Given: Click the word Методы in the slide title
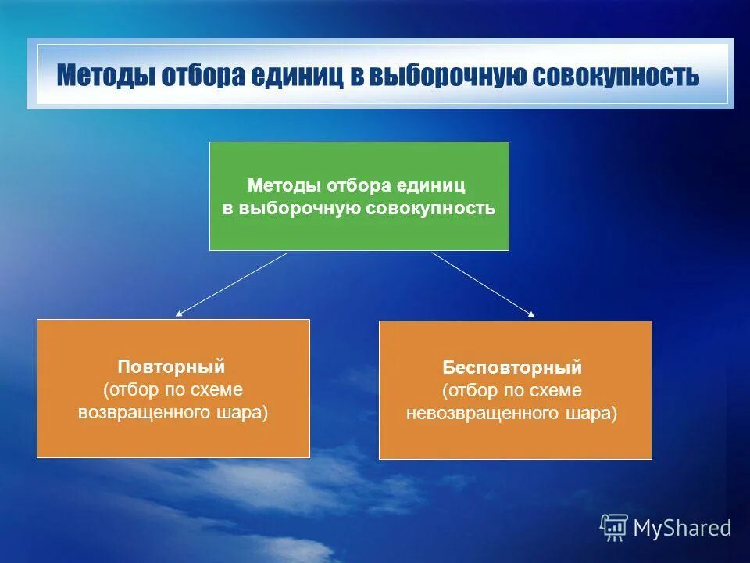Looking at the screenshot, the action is (x=105, y=76).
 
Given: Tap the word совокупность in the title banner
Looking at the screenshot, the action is (x=616, y=76).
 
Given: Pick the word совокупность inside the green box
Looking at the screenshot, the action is (x=430, y=208).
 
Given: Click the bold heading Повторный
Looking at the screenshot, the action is (x=171, y=367).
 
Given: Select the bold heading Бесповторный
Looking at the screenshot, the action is (x=512, y=368).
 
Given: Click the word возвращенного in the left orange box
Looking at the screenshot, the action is (x=145, y=412).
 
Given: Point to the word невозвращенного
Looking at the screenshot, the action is (x=483, y=413).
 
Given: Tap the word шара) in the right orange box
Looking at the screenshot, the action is (x=591, y=413).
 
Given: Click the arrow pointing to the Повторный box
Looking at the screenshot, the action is (x=231, y=285).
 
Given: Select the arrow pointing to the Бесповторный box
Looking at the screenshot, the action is (x=483, y=285).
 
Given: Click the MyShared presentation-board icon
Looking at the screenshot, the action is (x=614, y=528).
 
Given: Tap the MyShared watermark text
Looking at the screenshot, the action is (x=682, y=528).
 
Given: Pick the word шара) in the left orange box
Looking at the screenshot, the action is (x=242, y=412).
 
